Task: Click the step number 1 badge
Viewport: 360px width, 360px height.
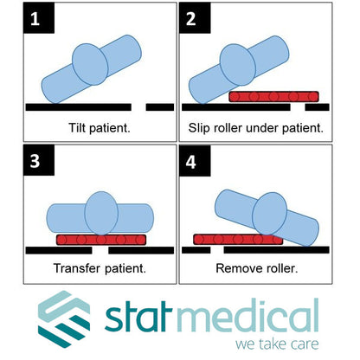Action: click(39, 18)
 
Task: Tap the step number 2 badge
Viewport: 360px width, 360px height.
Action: click(195, 18)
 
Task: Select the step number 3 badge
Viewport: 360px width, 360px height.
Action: click(39, 160)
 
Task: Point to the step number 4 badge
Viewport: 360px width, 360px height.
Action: click(195, 161)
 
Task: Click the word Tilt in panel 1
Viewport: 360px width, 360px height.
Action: click(77, 127)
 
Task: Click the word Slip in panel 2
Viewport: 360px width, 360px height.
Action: click(198, 128)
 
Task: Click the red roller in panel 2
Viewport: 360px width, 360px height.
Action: click(273, 97)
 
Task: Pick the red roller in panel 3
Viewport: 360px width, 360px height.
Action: click(101, 240)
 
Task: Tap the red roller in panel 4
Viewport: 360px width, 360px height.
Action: click(238, 240)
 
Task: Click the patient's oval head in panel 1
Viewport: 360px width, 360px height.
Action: click(90, 64)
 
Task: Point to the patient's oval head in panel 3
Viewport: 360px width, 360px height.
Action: click(101, 214)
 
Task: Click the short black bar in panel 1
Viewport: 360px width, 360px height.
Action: click(160, 107)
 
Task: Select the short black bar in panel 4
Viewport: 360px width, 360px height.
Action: click(196, 250)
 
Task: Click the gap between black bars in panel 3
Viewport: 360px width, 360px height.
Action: click(100, 250)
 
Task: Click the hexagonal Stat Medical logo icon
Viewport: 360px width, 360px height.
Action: click(64, 318)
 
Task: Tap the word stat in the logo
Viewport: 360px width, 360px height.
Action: click(138, 317)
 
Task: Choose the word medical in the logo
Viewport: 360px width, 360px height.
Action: click(246, 315)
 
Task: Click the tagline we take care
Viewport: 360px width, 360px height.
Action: click(277, 344)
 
